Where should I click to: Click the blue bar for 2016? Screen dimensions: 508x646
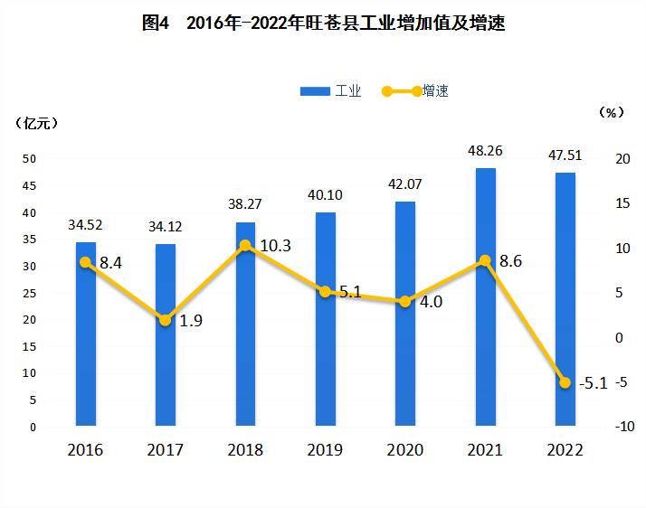click(x=85, y=334)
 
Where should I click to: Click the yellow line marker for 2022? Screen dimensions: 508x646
click(x=565, y=382)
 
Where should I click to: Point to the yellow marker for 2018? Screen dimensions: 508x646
click(x=245, y=245)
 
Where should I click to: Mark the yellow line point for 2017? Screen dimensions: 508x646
click(x=165, y=320)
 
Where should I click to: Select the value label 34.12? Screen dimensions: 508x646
click(x=166, y=227)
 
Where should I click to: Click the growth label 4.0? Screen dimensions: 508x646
click(x=431, y=302)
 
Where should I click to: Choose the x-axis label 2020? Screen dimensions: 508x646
click(x=404, y=450)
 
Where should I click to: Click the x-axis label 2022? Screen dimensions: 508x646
click(x=565, y=450)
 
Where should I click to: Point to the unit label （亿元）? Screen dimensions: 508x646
click(x=38, y=123)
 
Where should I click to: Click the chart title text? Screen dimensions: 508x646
click(x=323, y=24)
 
